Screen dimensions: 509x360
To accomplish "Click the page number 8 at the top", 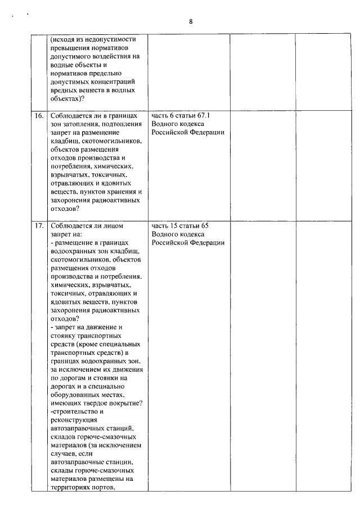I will [x=191, y=21].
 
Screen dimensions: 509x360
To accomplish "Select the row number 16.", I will [x=39, y=115].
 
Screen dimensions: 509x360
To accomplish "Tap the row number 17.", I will [x=39, y=226].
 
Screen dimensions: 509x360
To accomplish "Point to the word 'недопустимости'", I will [x=107, y=39].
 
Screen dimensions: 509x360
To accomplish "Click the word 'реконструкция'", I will [x=74, y=420].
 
